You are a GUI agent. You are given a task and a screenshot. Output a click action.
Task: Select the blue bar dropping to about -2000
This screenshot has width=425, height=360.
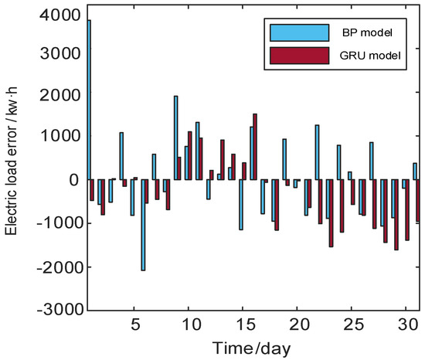click(143, 225)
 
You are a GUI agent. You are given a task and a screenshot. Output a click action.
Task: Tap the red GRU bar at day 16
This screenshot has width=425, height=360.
click(255, 147)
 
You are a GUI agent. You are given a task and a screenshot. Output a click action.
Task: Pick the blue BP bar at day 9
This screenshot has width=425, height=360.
click(175, 138)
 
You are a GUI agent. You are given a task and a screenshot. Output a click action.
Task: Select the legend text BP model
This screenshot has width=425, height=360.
click(368, 34)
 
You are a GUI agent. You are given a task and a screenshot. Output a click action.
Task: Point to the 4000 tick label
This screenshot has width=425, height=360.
click(61, 15)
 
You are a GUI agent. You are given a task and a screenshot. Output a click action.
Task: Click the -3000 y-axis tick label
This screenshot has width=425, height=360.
click(59, 309)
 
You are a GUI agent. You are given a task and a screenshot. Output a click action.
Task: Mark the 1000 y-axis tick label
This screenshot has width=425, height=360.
click(61, 136)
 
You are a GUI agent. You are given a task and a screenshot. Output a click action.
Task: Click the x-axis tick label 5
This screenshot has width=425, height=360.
click(134, 321)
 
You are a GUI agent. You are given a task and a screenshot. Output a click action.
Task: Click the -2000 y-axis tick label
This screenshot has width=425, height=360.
click(59, 267)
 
